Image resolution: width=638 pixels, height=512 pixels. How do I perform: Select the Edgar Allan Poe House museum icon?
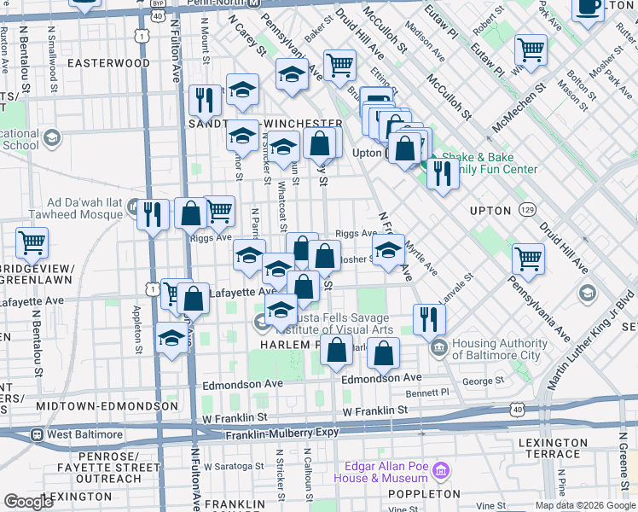(x=441, y=470)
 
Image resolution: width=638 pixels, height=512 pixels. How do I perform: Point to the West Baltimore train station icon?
(x=38, y=434)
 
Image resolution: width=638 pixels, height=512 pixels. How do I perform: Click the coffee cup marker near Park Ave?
(x=589, y=6)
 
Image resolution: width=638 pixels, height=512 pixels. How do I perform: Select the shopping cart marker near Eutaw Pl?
(x=531, y=50)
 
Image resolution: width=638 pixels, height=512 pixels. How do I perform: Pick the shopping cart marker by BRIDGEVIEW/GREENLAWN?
(x=32, y=241)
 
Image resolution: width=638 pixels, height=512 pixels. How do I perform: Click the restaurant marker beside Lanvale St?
(x=429, y=318)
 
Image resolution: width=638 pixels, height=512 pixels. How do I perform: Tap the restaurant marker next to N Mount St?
(x=204, y=100)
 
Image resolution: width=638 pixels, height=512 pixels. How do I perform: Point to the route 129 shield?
(x=529, y=209)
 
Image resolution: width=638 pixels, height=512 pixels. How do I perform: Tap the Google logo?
(x=28, y=503)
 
